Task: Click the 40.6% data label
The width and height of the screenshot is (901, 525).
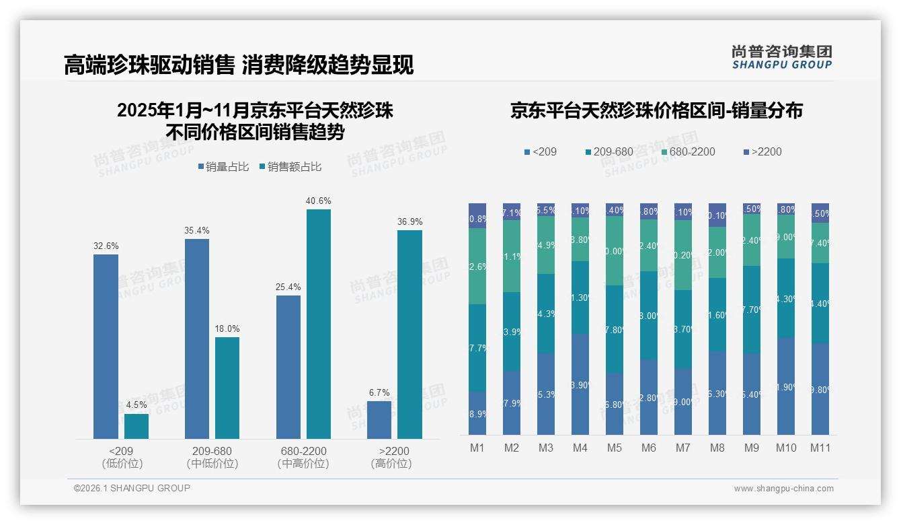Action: click(x=319, y=201)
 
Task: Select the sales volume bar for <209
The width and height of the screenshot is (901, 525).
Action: click(x=106, y=347)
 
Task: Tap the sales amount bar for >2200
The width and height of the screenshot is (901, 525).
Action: click(x=409, y=335)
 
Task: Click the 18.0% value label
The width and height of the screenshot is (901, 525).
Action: click(x=227, y=328)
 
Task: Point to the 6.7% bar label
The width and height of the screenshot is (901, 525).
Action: click(x=379, y=392)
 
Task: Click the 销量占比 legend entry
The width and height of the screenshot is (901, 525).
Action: click(x=226, y=166)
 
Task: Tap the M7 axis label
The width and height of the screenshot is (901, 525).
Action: click(x=683, y=448)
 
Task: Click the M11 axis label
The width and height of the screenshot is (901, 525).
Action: click(x=820, y=448)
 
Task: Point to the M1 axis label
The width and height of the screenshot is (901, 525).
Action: click(x=477, y=448)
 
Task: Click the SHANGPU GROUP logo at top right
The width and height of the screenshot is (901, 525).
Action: click(x=781, y=57)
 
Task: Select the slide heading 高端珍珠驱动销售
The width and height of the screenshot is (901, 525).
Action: click(x=148, y=65)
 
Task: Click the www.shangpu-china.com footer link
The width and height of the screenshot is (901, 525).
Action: click(x=783, y=489)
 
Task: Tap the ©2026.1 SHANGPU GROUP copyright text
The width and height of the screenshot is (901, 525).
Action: click(x=132, y=488)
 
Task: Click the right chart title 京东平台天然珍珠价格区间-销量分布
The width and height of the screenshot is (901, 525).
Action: click(x=656, y=110)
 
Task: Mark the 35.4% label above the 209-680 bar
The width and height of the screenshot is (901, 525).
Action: click(x=196, y=230)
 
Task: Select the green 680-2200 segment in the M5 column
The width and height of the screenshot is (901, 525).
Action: click(x=615, y=250)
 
